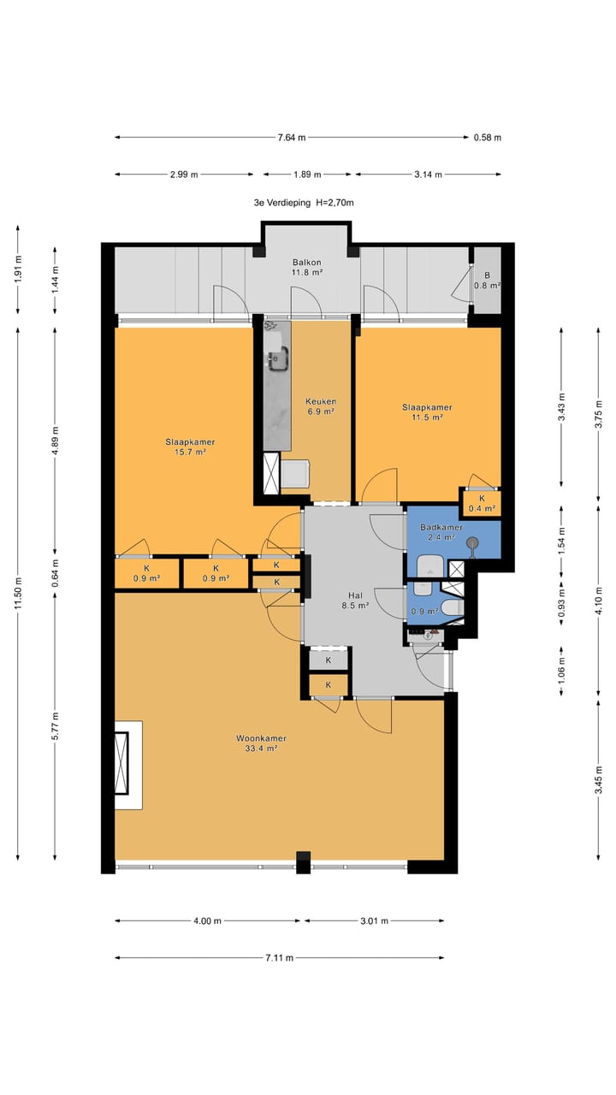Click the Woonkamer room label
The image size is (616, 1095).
pyautogui.click(x=261, y=738)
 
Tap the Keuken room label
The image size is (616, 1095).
pyautogui.click(x=321, y=401)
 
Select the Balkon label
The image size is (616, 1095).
pyautogui.click(x=307, y=262)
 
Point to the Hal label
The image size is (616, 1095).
pyautogui.click(x=355, y=595)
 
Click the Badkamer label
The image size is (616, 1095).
pyautogui.click(x=441, y=528)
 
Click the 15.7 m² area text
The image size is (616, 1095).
pyautogui.click(x=190, y=453)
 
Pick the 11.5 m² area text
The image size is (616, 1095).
pyautogui.click(x=427, y=417)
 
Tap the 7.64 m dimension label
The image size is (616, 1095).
pyautogui.click(x=292, y=138)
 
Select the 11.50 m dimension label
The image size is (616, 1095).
pyautogui.click(x=18, y=593)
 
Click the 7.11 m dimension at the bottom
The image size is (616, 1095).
pyautogui.click(x=280, y=957)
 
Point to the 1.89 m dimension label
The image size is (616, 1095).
pyautogui.click(x=307, y=175)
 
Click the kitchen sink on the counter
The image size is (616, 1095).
pyautogui.click(x=277, y=358)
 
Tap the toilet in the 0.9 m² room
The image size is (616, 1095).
pyautogui.click(x=452, y=608)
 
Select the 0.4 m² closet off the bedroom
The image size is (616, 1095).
pyautogui.click(x=482, y=504)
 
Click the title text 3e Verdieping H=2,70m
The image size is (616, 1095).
pyautogui.click(x=304, y=203)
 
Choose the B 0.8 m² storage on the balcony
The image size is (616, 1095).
pyautogui.click(x=488, y=281)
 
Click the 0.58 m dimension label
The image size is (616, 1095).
pyautogui.click(x=488, y=138)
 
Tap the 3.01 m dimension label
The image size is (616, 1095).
pyautogui.click(x=375, y=921)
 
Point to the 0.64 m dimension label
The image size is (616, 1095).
pyautogui.click(x=56, y=573)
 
